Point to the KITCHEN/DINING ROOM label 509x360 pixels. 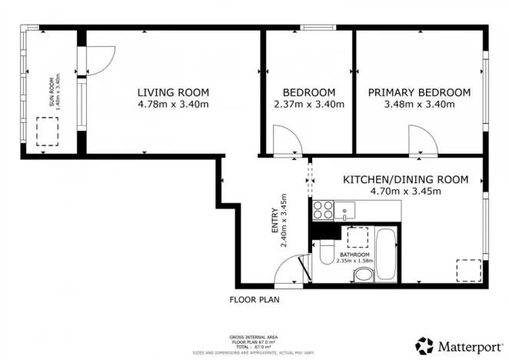point(405,179)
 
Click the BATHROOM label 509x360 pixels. point(354,255)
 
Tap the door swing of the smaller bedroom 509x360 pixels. point(288,140)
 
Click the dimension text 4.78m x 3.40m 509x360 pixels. point(173,104)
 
